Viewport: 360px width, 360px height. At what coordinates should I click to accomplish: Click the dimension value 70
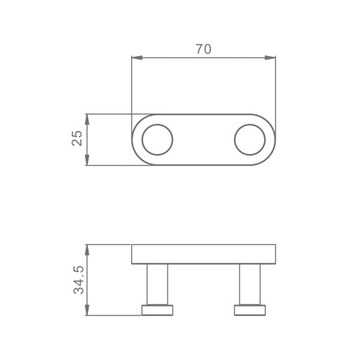(204, 49)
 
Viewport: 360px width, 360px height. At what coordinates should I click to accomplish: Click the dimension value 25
(77, 138)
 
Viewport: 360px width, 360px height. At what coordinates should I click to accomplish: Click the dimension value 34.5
(78, 280)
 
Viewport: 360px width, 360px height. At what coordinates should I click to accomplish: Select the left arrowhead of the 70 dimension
(137, 58)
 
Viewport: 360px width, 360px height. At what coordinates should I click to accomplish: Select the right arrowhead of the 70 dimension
(270, 58)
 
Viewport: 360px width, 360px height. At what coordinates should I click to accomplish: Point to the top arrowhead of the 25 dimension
(87, 120)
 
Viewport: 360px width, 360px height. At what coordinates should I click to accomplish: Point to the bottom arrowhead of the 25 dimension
(87, 160)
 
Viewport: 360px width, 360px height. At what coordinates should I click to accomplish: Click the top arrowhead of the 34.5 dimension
(87, 250)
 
